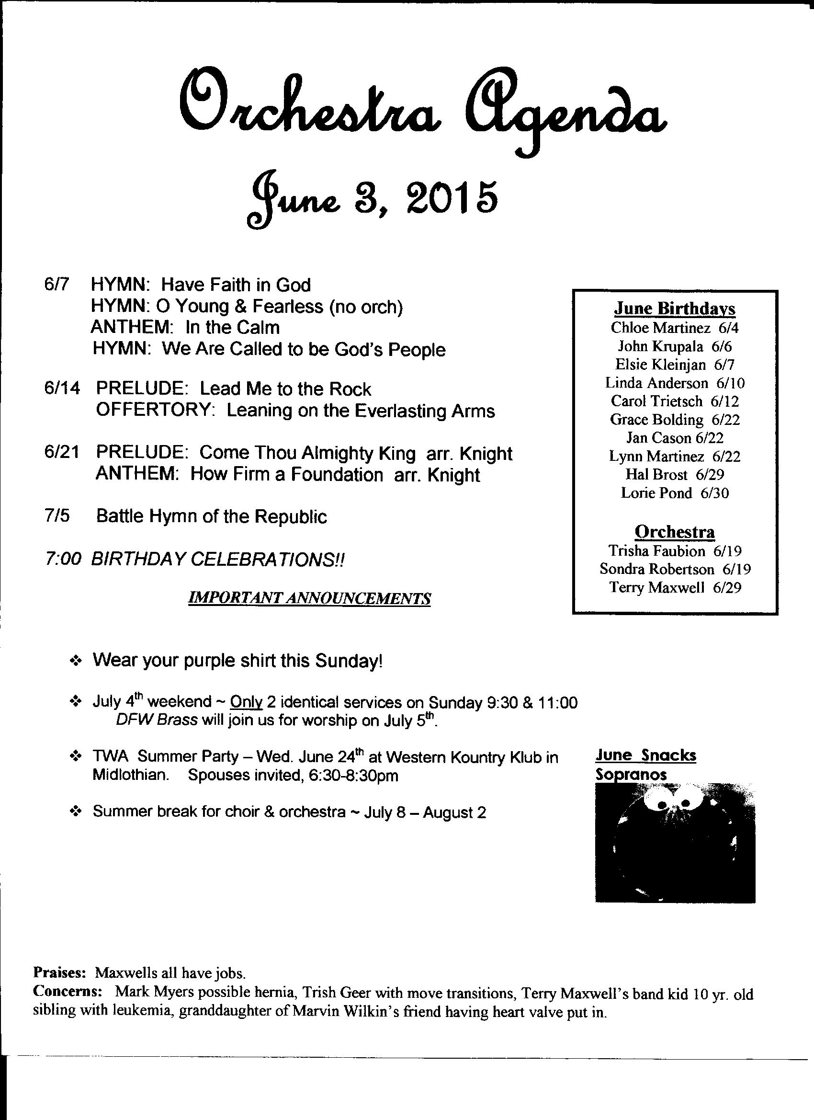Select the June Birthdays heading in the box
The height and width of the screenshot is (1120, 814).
(x=674, y=309)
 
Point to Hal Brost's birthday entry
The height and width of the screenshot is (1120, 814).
(x=675, y=475)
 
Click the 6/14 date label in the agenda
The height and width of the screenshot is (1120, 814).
(x=61, y=389)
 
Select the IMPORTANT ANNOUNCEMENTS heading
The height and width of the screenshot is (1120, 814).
(x=309, y=598)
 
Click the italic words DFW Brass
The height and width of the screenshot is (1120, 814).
(x=157, y=720)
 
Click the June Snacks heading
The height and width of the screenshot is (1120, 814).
(x=645, y=755)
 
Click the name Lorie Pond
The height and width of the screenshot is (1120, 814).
(x=656, y=493)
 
